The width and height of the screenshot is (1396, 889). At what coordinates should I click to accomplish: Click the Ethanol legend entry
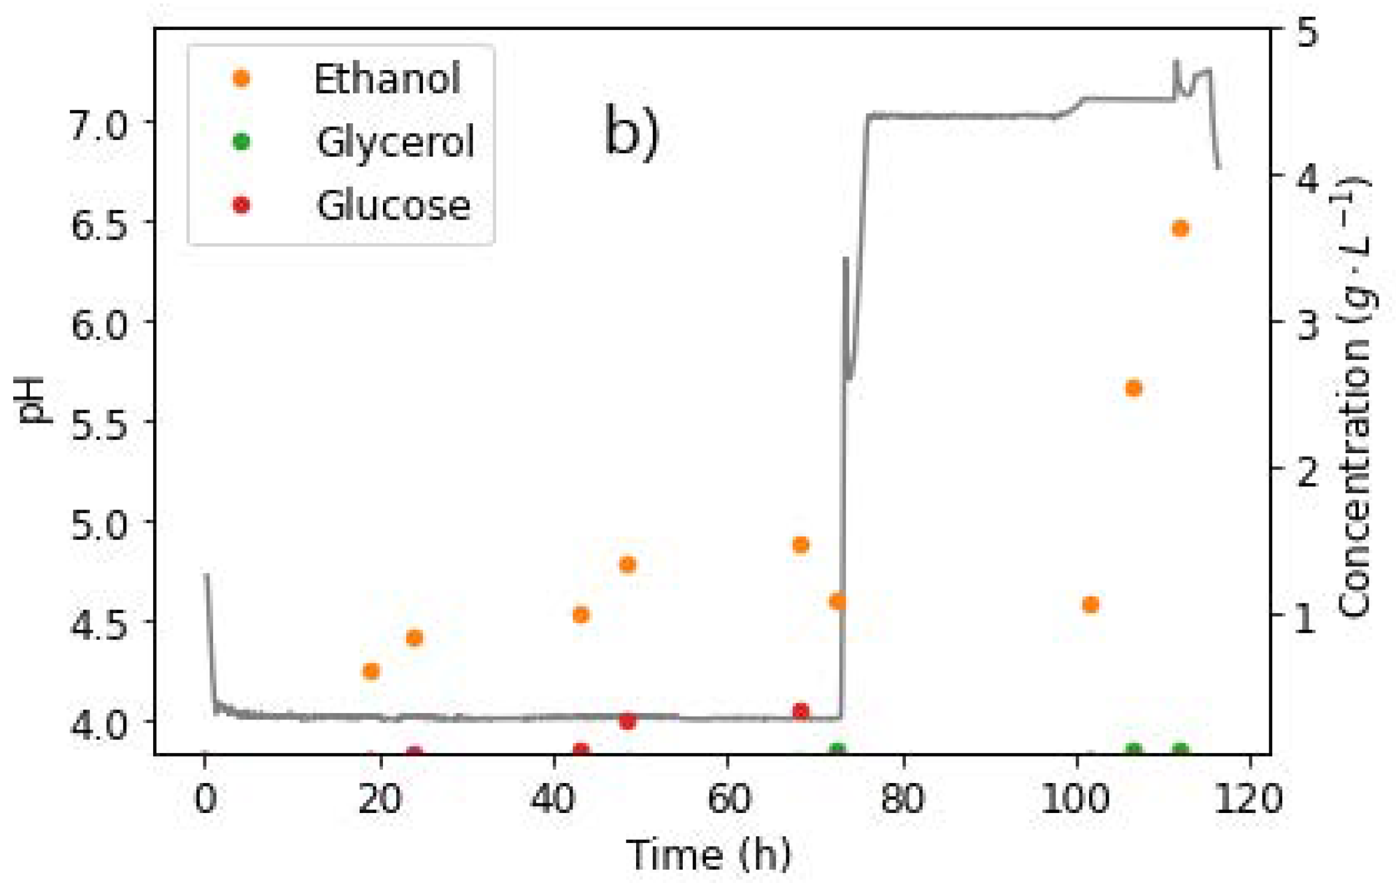[386, 78]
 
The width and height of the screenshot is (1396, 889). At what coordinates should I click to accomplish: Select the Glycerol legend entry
[394, 142]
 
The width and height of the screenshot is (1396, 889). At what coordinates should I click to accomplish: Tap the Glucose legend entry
[393, 205]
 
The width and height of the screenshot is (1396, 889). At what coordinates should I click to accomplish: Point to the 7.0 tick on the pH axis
[99, 125]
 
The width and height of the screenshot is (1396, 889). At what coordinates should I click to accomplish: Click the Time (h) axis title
[708, 854]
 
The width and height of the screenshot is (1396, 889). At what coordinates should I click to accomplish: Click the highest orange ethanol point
[1180, 229]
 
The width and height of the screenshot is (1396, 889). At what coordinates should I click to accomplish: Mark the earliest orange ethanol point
[371, 670]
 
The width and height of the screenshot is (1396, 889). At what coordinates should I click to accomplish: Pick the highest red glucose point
[801, 711]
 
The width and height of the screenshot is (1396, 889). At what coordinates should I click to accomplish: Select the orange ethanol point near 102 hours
[1091, 605]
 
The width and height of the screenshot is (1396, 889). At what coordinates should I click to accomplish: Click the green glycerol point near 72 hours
[838, 750]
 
